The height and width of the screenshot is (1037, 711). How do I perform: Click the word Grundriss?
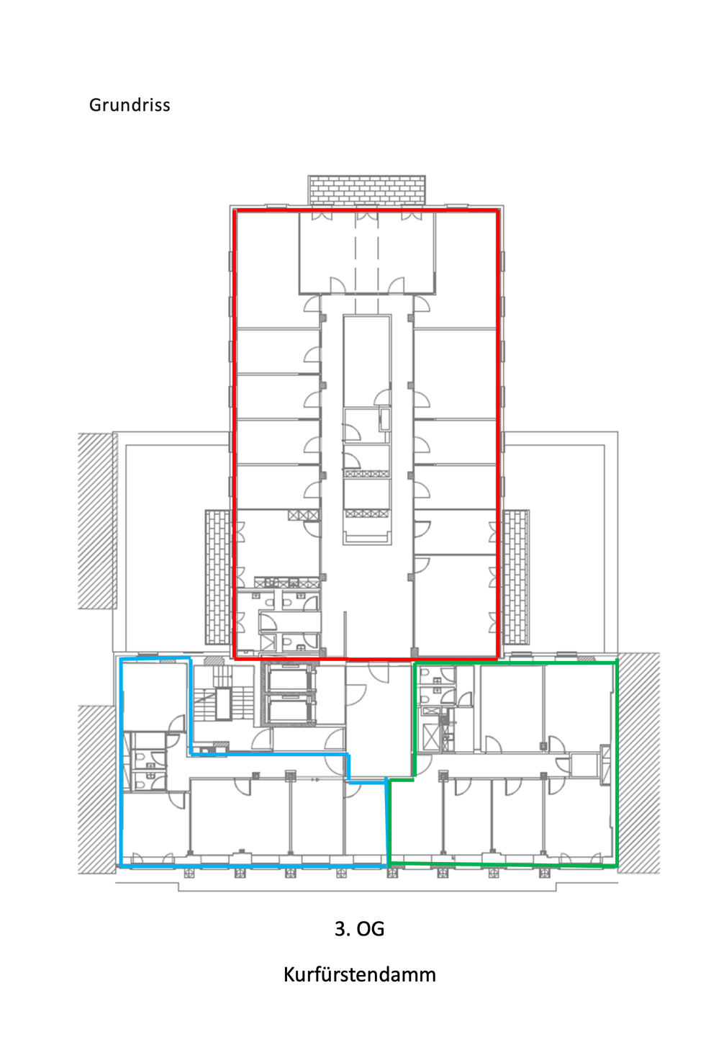click(130, 105)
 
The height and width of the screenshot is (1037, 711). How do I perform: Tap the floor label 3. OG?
click(359, 929)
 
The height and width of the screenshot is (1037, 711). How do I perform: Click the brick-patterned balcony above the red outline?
click(367, 190)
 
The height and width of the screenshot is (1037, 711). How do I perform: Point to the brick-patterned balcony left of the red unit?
click(217, 577)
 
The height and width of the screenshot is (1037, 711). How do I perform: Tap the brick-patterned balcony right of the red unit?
click(516, 577)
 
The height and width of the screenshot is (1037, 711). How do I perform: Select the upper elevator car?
click(289, 680)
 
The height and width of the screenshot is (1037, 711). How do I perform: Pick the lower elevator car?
click(289, 711)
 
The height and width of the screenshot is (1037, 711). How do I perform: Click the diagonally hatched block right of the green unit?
click(639, 763)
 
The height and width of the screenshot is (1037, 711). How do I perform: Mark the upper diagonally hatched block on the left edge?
click(96, 521)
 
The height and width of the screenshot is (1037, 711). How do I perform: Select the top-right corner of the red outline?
click(498, 211)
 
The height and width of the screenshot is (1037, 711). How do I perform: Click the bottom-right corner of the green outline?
click(617, 865)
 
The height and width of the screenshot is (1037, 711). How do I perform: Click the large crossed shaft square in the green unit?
click(431, 737)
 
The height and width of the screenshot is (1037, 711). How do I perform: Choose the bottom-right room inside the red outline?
click(456, 606)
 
